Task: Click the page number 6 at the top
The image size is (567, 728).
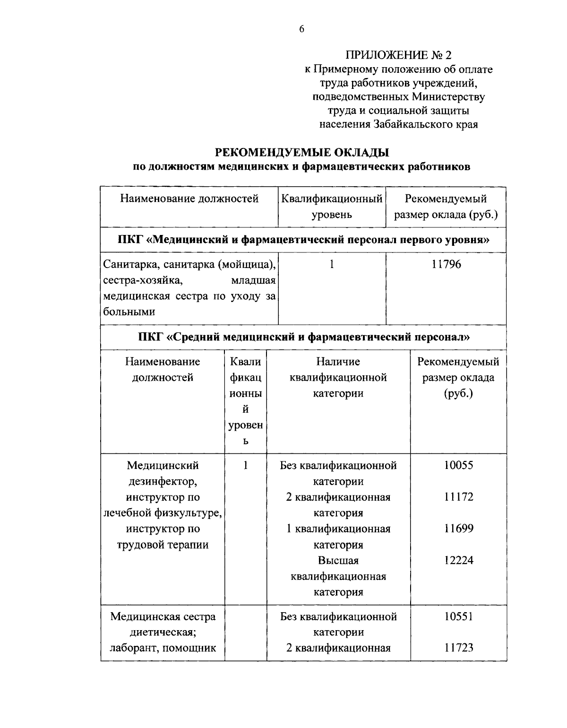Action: click(302, 29)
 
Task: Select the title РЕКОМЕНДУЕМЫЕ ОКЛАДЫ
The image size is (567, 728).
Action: click(302, 153)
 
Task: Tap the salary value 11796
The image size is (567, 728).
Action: click(446, 264)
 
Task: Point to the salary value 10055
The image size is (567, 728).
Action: click(458, 465)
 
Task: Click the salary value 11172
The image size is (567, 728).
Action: click(458, 497)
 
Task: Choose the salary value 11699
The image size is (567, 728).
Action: click(458, 529)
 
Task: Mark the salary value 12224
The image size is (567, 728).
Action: click(458, 560)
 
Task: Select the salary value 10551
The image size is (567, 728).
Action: click(458, 616)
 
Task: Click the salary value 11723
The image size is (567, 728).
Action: click(458, 648)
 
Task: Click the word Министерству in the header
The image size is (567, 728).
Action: click(448, 97)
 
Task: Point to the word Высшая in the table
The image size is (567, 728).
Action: click(338, 561)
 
